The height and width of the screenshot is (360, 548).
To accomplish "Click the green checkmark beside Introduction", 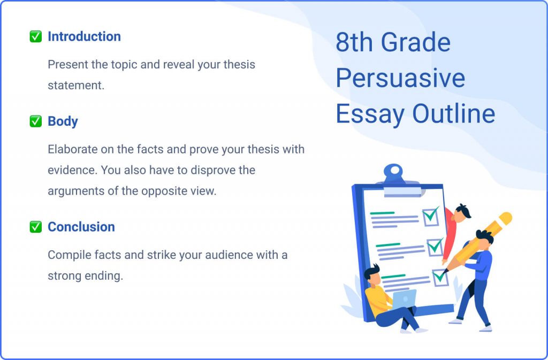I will (x=35, y=37).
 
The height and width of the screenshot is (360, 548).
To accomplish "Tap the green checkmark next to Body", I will (x=35, y=121).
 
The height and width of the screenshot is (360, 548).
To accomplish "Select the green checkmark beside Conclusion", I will (x=35, y=227).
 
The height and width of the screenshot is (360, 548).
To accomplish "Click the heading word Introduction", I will (x=84, y=37).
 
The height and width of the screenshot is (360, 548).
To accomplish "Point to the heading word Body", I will (x=63, y=121).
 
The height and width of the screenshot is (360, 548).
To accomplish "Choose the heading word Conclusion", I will (x=81, y=227).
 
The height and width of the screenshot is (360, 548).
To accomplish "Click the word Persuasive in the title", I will (x=400, y=78).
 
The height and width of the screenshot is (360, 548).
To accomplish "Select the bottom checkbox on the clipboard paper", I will (x=440, y=277).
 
